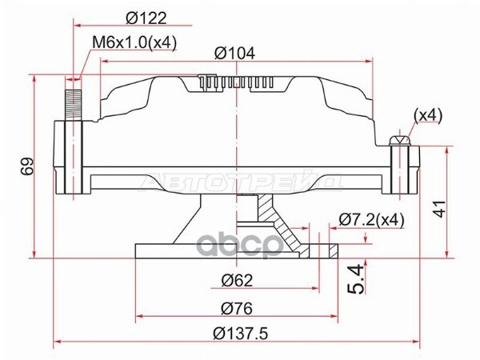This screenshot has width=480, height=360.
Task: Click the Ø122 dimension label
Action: click(x=146, y=18)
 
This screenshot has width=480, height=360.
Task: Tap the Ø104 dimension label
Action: click(x=234, y=54)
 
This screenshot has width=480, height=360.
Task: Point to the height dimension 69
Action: click(x=27, y=166)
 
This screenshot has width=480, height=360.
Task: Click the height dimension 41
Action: click(x=439, y=209)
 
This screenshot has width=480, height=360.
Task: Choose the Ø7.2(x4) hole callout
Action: click(x=372, y=219)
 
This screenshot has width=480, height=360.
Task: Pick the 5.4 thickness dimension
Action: click(x=357, y=279)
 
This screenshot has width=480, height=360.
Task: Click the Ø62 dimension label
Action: click(x=238, y=280)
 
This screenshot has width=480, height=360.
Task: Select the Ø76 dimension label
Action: click(x=237, y=308)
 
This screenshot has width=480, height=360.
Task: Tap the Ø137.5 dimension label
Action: click(x=241, y=334)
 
